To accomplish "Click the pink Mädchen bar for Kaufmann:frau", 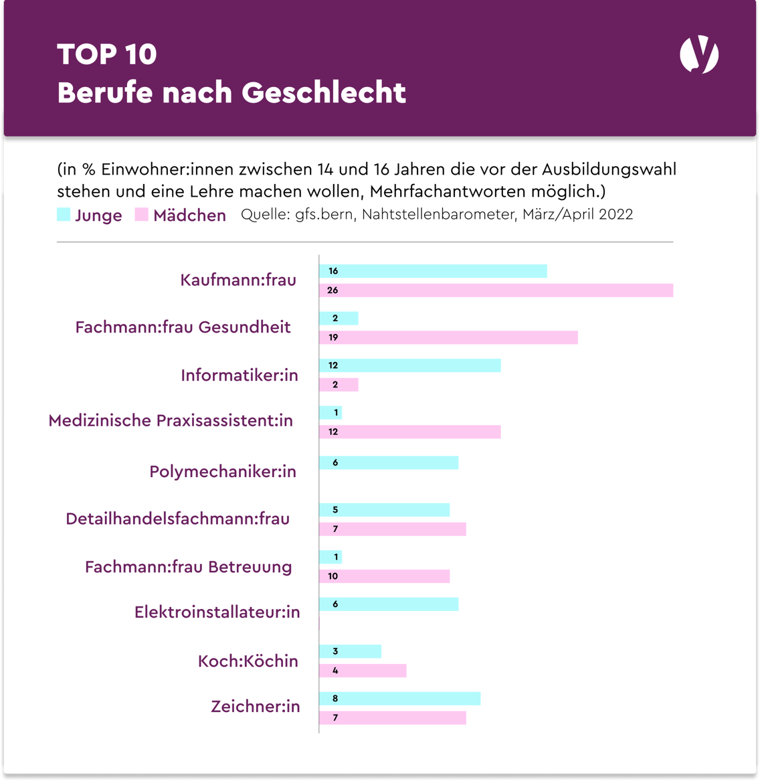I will (496, 290).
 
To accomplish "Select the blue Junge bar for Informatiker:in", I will (409, 365).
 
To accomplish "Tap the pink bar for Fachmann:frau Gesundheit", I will (448, 338).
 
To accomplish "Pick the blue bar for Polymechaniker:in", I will (389, 462).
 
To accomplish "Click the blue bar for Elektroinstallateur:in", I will (389, 604).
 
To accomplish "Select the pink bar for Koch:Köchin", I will (363, 671).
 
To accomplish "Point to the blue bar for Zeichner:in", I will (399, 699).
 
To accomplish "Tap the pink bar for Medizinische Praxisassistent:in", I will (409, 432).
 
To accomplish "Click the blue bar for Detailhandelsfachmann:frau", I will (384, 510).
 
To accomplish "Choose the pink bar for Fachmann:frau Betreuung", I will (384, 576).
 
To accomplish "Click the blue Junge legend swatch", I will (64, 215).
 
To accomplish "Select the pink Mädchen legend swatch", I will (141, 215).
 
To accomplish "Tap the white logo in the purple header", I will (699, 55).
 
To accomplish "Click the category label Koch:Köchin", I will (248, 661).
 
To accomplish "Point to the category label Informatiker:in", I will (240, 375).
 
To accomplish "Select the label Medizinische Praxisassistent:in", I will (171, 421).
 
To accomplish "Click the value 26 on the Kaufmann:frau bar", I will (332, 290).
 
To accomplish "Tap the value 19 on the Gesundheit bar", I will (332, 338).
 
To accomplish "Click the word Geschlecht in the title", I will (324, 93).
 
